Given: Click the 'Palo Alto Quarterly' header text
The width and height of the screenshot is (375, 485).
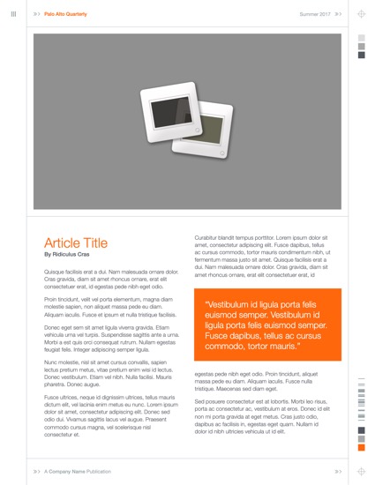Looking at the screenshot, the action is [66, 14].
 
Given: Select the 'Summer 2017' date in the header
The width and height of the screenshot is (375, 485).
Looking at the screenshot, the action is [315, 14].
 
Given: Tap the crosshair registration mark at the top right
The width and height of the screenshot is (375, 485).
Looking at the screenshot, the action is [361, 14].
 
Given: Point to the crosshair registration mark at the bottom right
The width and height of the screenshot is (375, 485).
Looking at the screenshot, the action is [361, 471].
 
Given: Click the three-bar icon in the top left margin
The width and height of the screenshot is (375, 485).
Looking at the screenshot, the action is [13, 14].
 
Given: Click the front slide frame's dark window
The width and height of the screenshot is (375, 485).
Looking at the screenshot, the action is [168, 112].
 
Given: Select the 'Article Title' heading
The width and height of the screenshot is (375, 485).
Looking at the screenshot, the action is [76, 242].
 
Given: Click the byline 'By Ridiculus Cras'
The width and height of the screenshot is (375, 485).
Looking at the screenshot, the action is [67, 254].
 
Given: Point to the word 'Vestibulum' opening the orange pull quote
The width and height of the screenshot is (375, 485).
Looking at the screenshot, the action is [231, 305].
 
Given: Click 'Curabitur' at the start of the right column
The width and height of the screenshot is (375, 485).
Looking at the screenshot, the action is [207, 237].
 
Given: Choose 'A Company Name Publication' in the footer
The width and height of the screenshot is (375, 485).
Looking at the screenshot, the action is [78, 471].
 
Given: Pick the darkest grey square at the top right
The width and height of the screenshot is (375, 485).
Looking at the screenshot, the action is [361, 55].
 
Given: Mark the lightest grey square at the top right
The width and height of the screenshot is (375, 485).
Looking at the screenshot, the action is [361, 37].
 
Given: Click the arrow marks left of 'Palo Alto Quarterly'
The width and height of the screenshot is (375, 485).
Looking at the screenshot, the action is [36, 14].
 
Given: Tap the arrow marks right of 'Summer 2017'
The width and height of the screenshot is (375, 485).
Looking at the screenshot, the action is [339, 14].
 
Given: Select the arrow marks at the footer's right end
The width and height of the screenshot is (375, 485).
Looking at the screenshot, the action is [339, 471].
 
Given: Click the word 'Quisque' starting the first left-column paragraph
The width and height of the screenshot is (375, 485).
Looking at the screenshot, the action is [55, 272].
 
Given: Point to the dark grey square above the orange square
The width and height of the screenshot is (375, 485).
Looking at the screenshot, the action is [361, 438].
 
